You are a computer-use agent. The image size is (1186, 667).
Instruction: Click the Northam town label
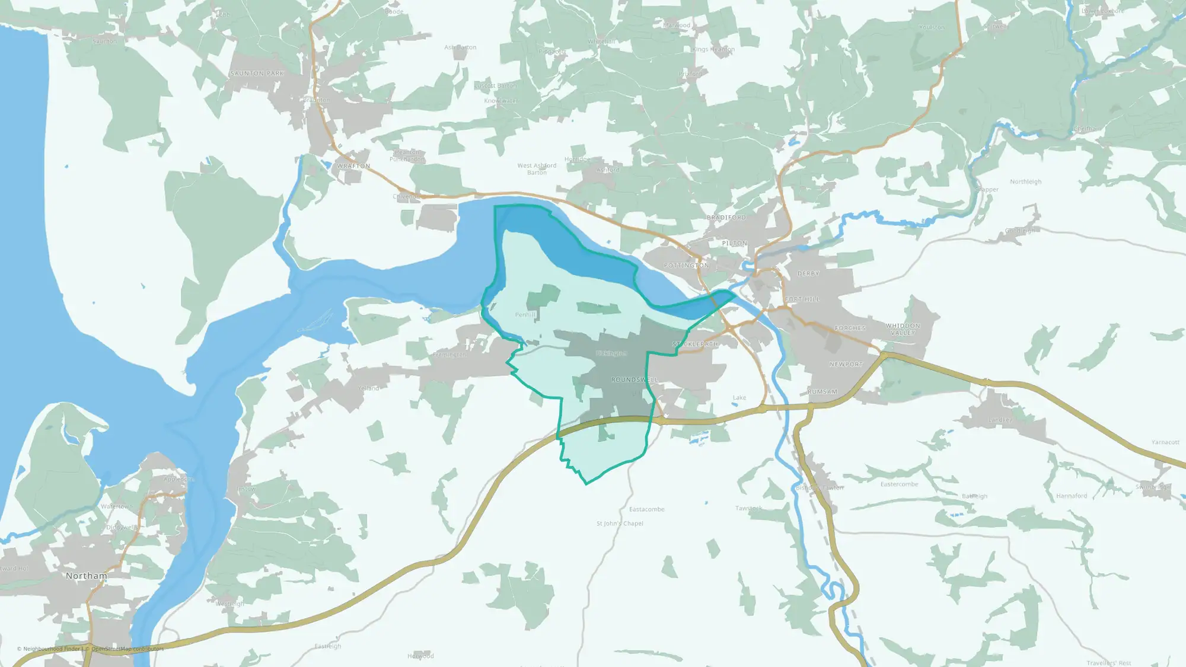click(87, 576)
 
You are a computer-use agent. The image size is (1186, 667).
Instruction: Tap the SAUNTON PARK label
click(257, 74)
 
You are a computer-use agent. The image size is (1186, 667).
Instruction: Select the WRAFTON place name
click(353, 166)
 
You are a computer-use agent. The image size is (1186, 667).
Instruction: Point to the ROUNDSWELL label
click(635, 379)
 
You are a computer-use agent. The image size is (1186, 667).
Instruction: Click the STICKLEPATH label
click(696, 344)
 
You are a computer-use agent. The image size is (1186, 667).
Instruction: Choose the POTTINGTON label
click(686, 266)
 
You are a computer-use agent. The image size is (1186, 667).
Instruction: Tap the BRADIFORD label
click(726, 218)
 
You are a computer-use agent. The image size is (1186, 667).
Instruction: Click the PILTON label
click(735, 243)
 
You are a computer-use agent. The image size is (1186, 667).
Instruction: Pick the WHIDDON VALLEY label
click(903, 329)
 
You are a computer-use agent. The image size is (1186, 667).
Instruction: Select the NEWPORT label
click(846, 364)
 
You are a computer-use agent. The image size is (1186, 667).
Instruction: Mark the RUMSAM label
click(822, 392)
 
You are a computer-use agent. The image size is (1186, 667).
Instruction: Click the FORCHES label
click(850, 328)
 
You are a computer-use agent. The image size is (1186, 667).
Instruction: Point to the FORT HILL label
click(802, 299)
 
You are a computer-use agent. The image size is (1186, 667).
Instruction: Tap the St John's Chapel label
click(620, 524)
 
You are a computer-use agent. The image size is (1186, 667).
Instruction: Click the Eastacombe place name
click(646, 509)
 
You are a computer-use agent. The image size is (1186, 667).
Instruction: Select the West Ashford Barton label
click(537, 169)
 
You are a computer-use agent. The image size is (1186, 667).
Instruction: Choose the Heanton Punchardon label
click(407, 156)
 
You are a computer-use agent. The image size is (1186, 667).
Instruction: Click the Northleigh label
click(1026, 182)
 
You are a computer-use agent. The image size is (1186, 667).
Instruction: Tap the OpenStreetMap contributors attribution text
click(127, 649)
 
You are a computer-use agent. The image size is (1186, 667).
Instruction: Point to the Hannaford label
click(1072, 496)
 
